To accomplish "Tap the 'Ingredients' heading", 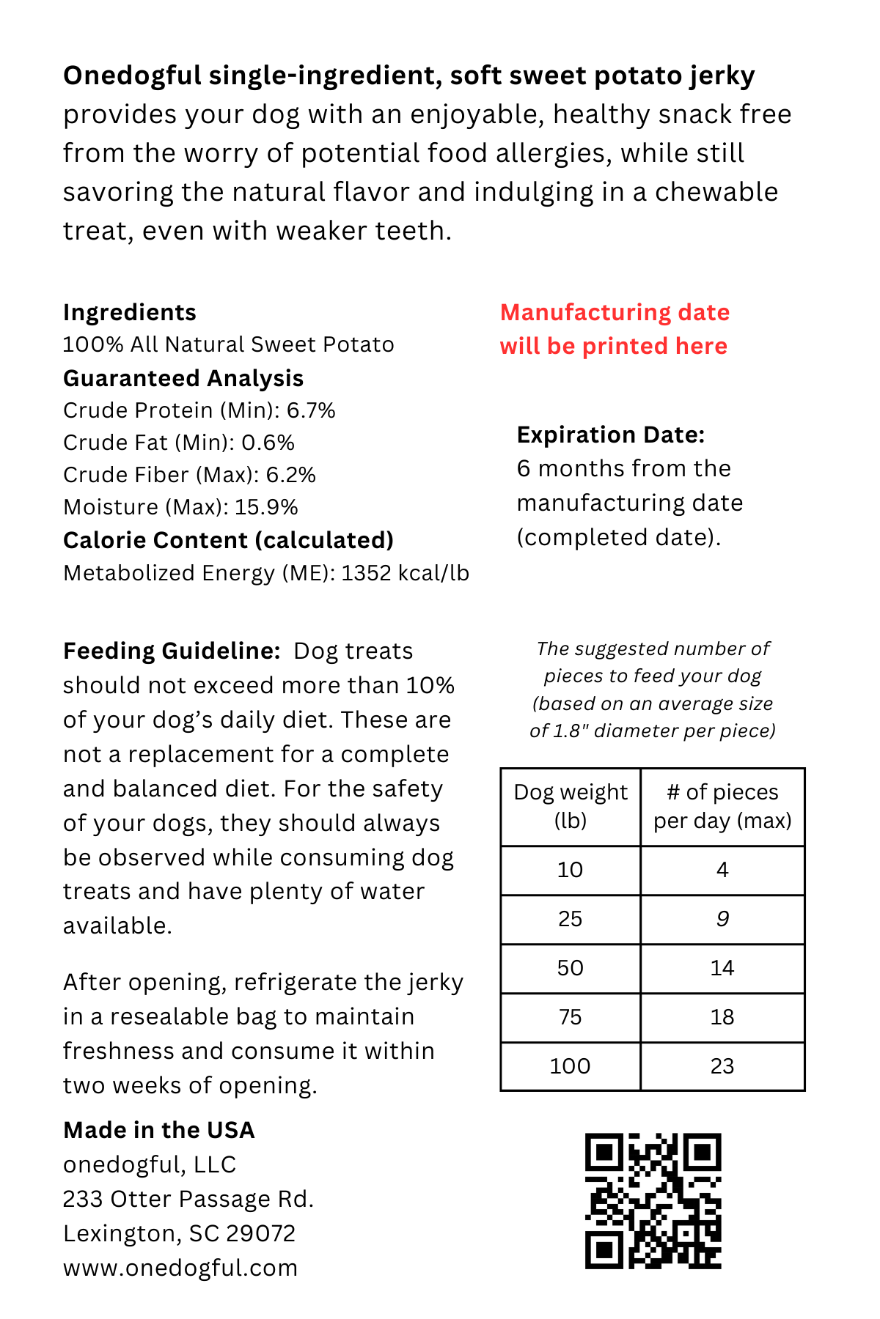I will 129,312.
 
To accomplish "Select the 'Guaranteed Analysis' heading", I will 183,378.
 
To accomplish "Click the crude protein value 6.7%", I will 311,410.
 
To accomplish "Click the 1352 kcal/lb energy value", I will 405,573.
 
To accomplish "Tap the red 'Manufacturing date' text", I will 615,313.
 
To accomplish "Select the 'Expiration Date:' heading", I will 610,435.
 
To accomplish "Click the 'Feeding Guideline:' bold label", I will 172,651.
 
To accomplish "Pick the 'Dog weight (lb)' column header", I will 571,806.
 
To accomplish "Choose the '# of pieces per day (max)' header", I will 722,806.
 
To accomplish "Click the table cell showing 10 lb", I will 571,870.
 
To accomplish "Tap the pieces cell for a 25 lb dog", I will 722,919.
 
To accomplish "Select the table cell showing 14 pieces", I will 722,968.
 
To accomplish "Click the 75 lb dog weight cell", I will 571,1017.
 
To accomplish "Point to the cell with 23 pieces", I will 722,1066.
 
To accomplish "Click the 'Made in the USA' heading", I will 158,1130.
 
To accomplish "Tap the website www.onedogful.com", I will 180,1268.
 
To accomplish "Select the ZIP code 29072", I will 260,1233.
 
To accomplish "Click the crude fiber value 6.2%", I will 290,475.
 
